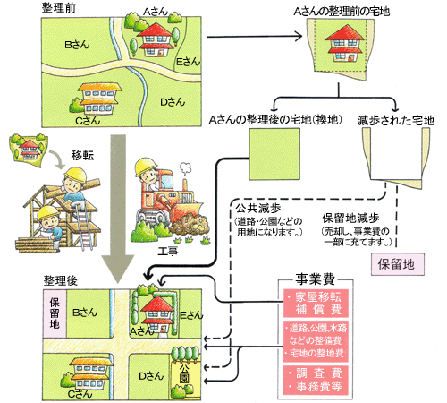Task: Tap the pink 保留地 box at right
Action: [395, 265]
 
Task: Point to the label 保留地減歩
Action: [351, 217]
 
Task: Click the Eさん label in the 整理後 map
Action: [187, 314]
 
